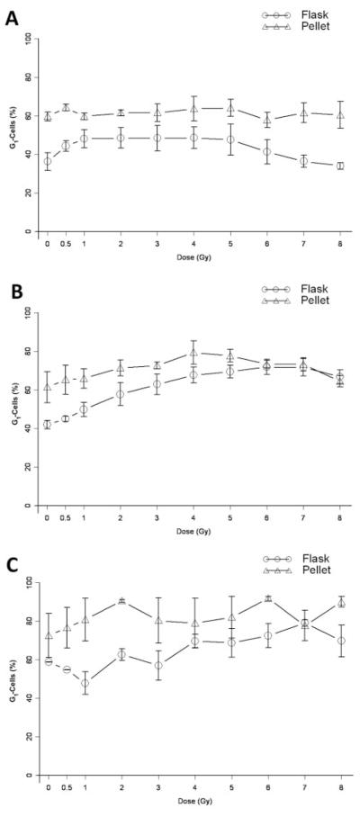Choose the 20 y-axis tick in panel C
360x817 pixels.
(27, 736)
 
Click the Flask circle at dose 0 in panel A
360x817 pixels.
(47, 161)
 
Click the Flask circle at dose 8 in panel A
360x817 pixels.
(339, 166)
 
